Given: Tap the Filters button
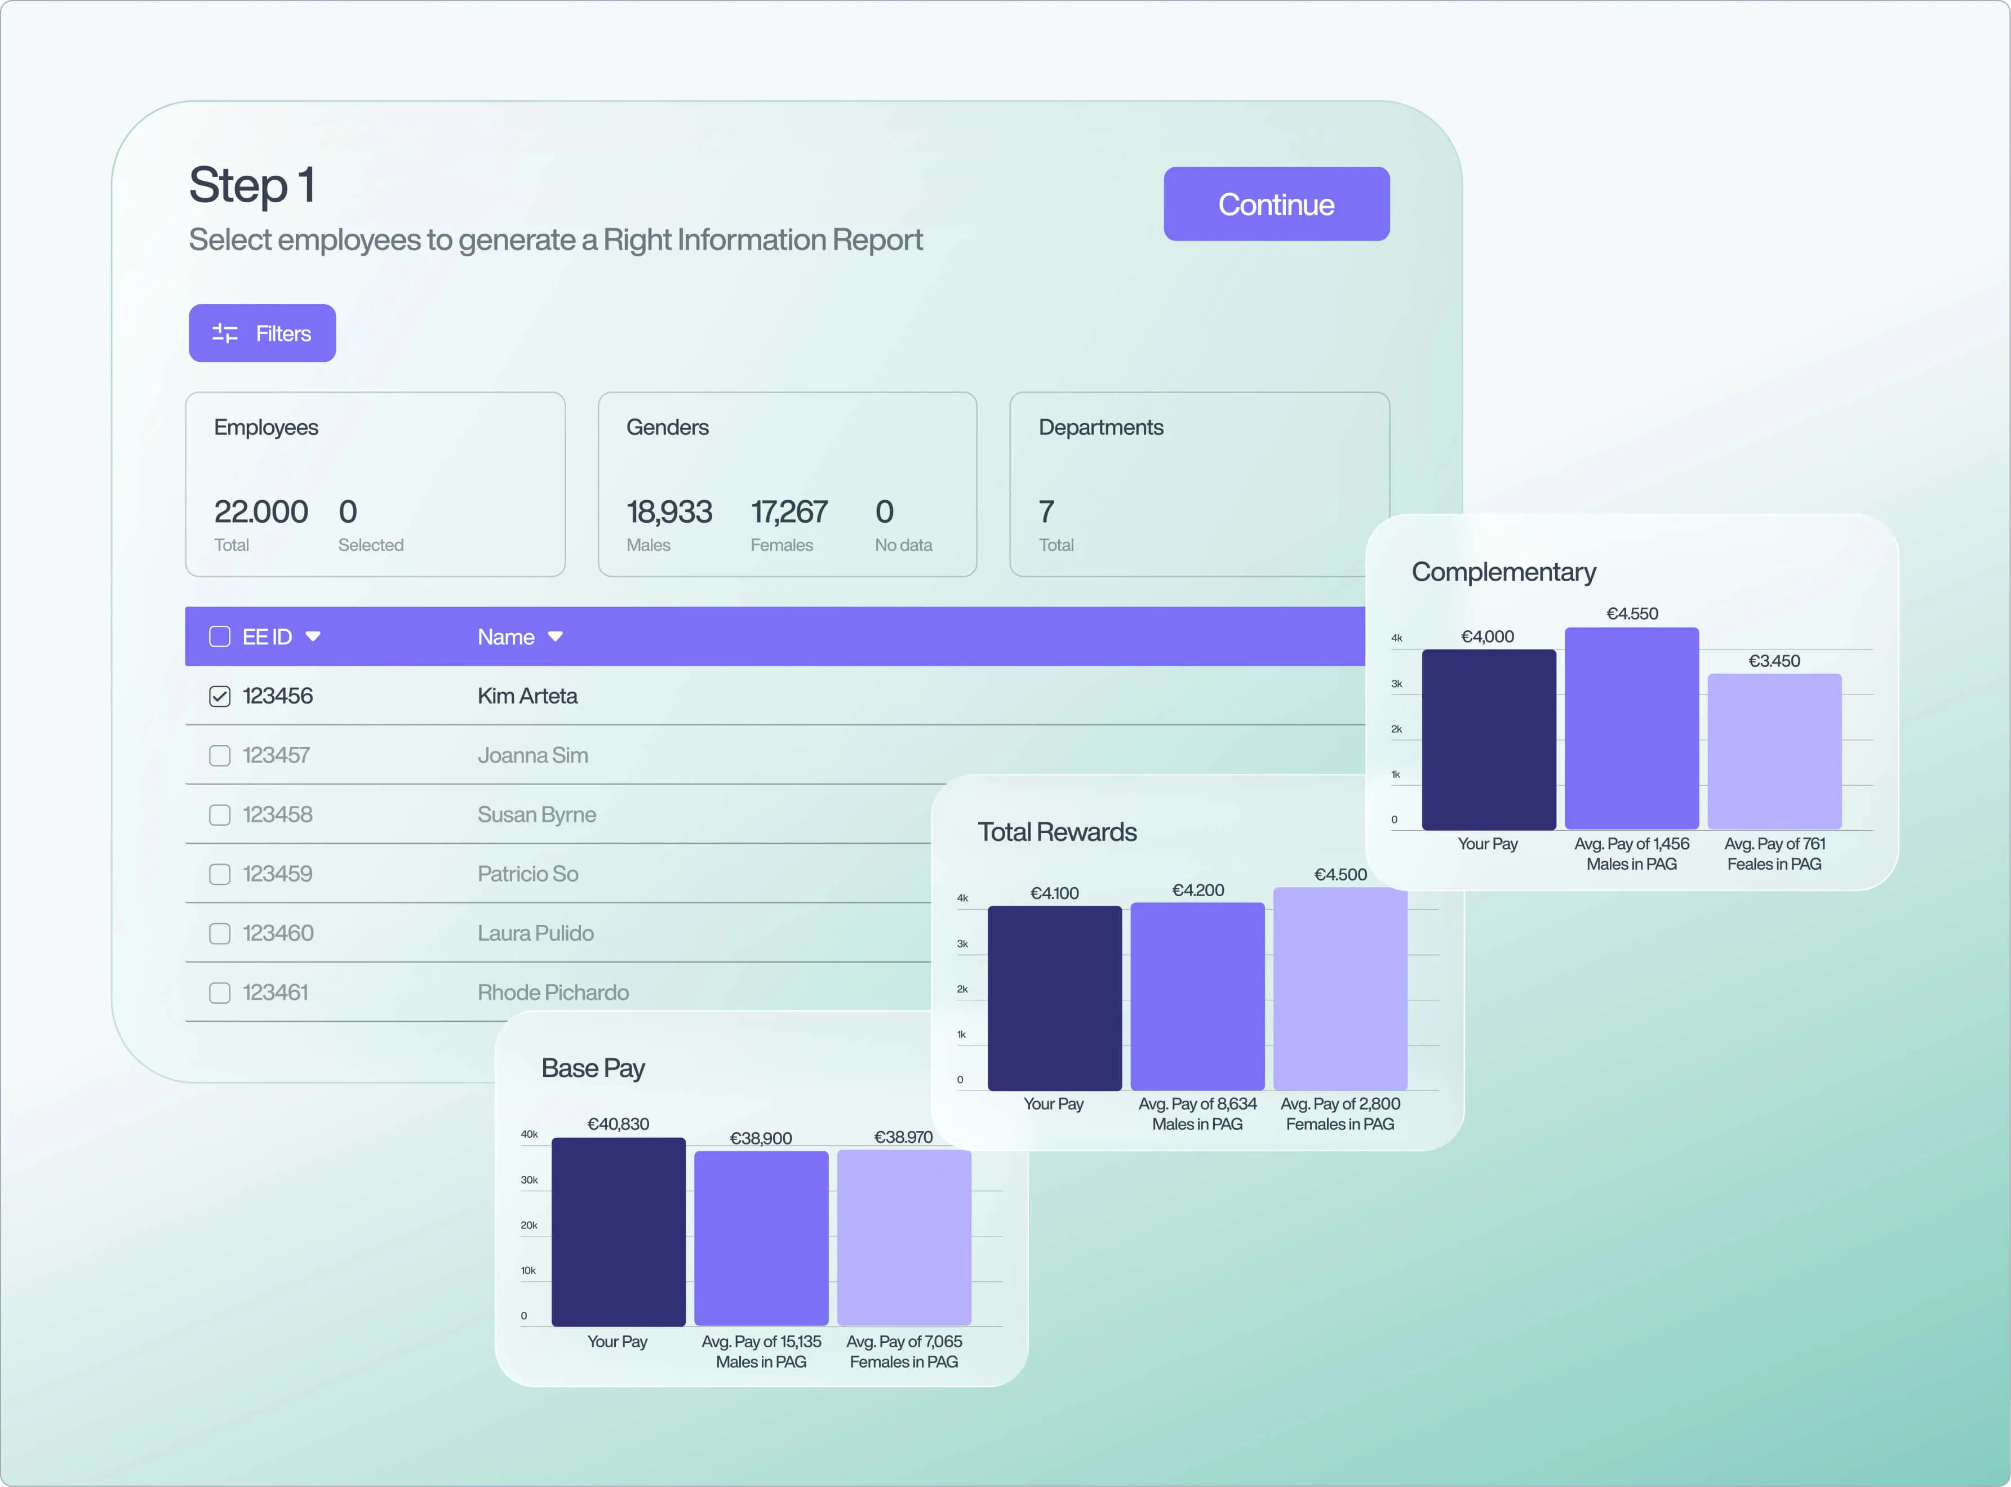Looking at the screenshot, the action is click(x=262, y=333).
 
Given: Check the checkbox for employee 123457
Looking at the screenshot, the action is click(x=220, y=755).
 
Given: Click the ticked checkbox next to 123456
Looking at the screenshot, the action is click(x=220, y=696).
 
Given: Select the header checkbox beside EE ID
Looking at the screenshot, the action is click(x=220, y=636).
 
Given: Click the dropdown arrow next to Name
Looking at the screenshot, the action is click(x=556, y=636).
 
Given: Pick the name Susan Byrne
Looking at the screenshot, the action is click(x=536, y=814).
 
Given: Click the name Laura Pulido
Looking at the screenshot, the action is click(x=536, y=933).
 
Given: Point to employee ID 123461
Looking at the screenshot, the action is click(x=276, y=992).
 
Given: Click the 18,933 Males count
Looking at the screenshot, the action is click(x=669, y=512).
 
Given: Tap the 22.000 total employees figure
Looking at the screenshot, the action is click(x=261, y=512).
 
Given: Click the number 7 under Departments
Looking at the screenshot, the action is click(x=1046, y=512).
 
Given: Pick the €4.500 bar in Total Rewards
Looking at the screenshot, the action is click(x=1340, y=989).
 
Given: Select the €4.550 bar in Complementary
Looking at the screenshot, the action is click(x=1632, y=728).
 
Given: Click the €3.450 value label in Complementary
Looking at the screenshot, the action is click(x=1774, y=661).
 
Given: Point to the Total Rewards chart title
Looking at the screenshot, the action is click(x=1058, y=832).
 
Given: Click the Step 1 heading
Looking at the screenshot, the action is click(x=252, y=185).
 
